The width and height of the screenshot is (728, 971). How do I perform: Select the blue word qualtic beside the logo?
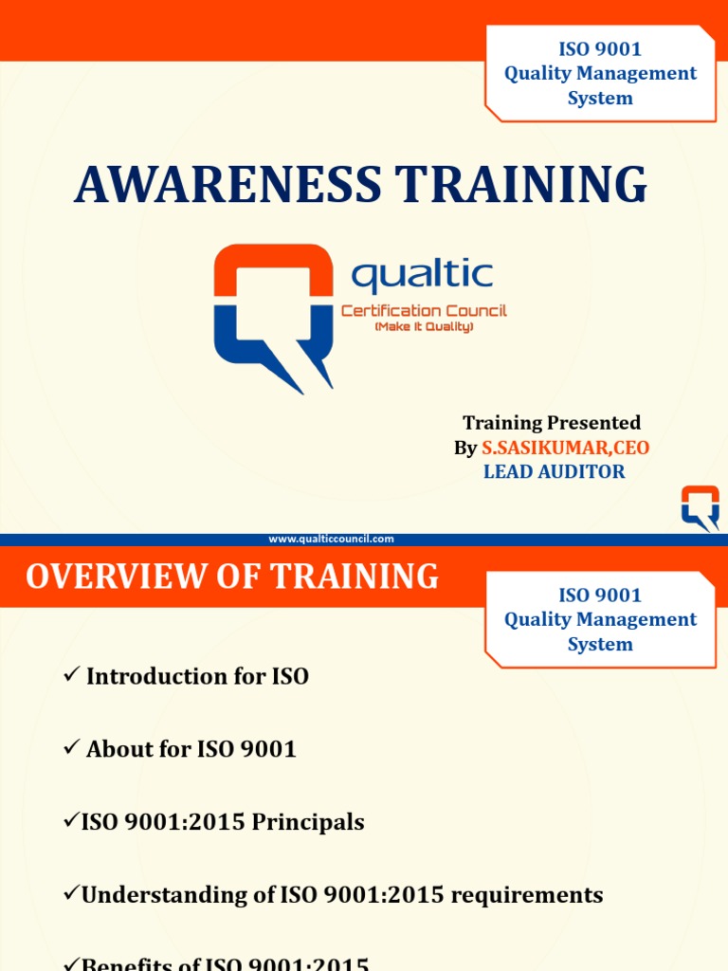click(x=422, y=276)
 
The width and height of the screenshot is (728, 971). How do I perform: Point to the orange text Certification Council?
click(x=424, y=311)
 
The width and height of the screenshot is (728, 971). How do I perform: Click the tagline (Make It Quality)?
click(x=424, y=327)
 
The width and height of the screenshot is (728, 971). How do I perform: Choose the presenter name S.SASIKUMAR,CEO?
click(x=566, y=448)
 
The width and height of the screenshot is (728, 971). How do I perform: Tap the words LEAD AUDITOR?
click(x=555, y=471)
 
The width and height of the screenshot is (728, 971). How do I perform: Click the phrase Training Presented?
click(x=552, y=423)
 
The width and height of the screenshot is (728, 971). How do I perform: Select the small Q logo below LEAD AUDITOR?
click(x=701, y=506)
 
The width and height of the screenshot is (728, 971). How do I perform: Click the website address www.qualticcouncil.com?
click(x=331, y=539)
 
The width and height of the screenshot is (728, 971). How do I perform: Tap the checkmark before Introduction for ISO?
click(x=71, y=675)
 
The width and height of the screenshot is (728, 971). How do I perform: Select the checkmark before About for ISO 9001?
click(x=71, y=748)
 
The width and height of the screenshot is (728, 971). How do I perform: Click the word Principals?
click(x=307, y=821)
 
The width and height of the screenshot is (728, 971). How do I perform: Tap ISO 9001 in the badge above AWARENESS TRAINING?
click(x=600, y=49)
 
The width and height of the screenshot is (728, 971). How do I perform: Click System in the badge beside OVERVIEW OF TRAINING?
click(x=600, y=644)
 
